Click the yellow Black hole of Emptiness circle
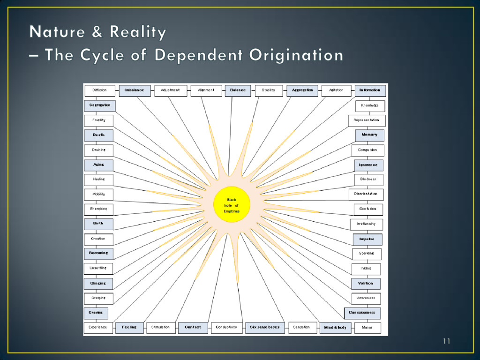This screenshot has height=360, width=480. pyautogui.click(x=232, y=205)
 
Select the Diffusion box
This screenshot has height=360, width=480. pyautogui.click(x=99, y=90)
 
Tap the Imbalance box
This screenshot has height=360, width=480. pyautogui.click(x=135, y=90)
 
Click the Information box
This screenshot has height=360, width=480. pyautogui.click(x=370, y=90)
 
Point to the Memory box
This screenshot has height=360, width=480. pyautogui.click(x=369, y=135)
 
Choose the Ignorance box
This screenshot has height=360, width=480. pyautogui.click(x=368, y=165)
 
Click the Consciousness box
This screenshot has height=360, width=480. pyautogui.click(x=362, y=313)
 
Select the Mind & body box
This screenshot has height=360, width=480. pyautogui.click(x=335, y=328)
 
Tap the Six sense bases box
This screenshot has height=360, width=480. pyautogui.click(x=264, y=327)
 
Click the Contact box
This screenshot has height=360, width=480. pyautogui.click(x=193, y=327)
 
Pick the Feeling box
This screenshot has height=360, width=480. pyautogui.click(x=129, y=327)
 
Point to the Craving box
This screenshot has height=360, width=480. pyautogui.click(x=96, y=313)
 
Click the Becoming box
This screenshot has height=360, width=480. pyautogui.click(x=98, y=253)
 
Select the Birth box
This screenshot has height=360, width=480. pyautogui.click(x=98, y=224)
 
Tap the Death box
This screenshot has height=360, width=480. pyautogui.click(x=98, y=135)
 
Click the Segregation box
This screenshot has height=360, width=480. pyautogui.click(x=99, y=105)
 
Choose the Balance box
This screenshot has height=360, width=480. pyautogui.click(x=238, y=90)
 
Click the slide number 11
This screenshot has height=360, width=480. pyautogui.click(x=446, y=341)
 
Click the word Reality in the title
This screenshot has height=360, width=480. pyautogui.click(x=137, y=32)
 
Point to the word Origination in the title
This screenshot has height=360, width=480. pyautogui.click(x=296, y=55)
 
